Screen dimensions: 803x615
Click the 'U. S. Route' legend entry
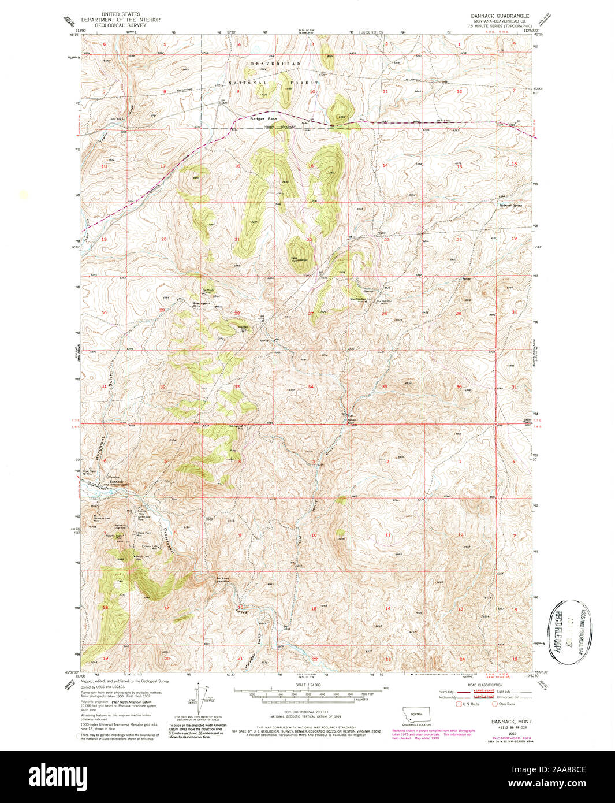[x=471, y=704]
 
